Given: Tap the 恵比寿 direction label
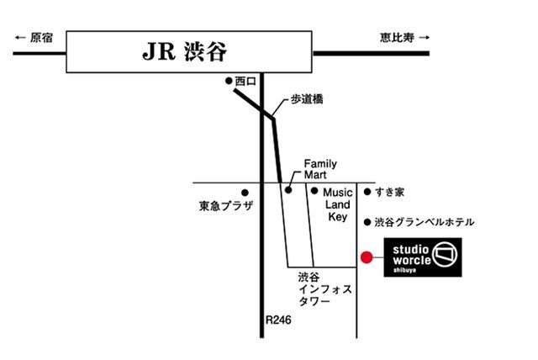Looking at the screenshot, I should [396, 37].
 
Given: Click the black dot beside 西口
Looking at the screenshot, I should [229, 81].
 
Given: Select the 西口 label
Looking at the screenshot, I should [244, 81].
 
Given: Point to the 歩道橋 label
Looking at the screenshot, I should [307, 99].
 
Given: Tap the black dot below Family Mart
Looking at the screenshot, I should [287, 191].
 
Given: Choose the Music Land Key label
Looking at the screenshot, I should [337, 204].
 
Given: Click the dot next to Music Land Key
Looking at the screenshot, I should [314, 191].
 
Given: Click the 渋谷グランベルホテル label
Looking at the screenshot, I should [425, 222].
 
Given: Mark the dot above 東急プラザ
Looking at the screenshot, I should [244, 192].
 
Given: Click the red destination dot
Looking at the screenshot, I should [367, 257].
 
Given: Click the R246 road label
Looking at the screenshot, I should [278, 320].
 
